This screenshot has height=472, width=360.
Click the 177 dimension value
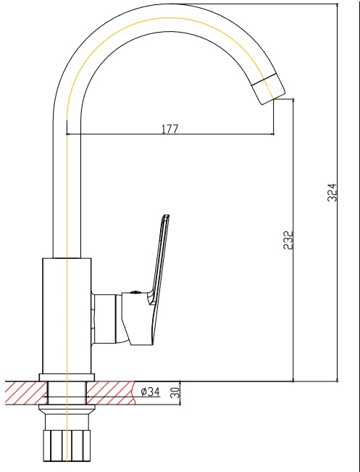tap(170, 129)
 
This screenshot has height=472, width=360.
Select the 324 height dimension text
tap(332, 192)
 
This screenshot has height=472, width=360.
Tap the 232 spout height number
tap(288, 240)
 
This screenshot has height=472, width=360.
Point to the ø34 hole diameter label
tap(150, 392)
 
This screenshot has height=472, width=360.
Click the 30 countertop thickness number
tap(175, 392)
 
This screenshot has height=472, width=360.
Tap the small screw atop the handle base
tap(135, 291)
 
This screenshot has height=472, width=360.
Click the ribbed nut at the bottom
tap(67, 445)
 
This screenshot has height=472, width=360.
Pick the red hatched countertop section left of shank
tap(26, 393)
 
